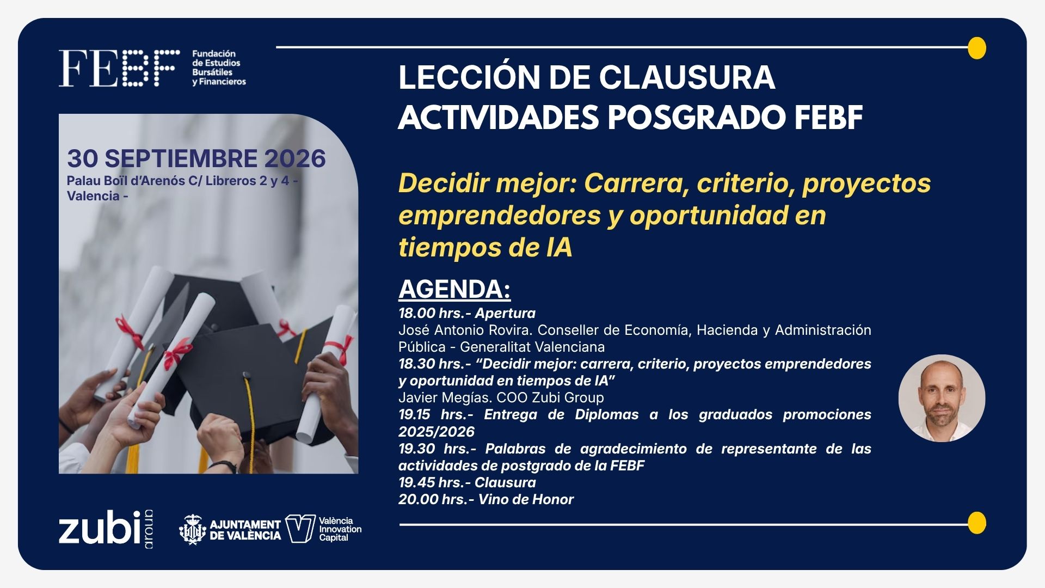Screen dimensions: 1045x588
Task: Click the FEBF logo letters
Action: point(119,68)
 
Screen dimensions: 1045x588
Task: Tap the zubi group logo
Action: point(106,529)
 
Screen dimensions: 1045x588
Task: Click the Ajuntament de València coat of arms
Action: point(192,529)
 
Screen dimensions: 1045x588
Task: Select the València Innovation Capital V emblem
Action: point(300,529)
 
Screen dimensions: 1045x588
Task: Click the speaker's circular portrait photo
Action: point(942,398)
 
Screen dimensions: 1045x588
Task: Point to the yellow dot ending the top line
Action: point(977,48)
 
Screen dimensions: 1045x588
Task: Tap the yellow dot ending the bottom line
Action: point(977,523)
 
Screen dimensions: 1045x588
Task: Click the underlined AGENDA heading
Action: point(454,289)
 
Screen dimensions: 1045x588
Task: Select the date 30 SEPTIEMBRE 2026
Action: point(196,158)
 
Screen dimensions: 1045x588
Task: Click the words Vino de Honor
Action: point(526,499)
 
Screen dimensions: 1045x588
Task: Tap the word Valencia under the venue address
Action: point(93,196)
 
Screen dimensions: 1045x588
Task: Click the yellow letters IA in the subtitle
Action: point(558,247)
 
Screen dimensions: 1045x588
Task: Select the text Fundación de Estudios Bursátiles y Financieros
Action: point(219,68)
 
